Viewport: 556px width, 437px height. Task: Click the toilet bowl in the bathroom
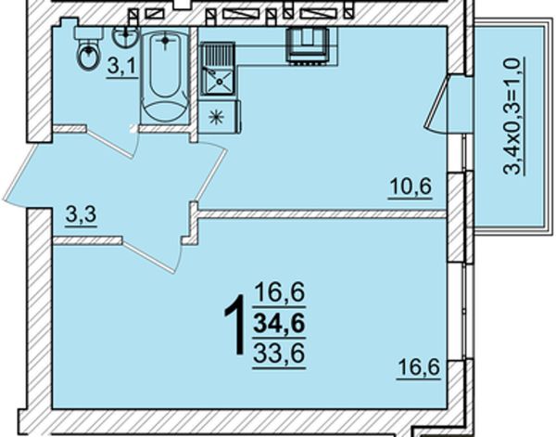pos(88,57)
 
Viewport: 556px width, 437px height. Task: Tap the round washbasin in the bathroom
pos(125,36)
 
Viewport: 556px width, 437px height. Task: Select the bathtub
pos(165,74)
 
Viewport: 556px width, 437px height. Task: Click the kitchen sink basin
pos(219,82)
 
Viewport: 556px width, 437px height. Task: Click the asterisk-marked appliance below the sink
pos(217,117)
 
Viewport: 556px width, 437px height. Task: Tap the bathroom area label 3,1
pos(122,67)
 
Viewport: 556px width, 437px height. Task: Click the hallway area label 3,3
pos(82,215)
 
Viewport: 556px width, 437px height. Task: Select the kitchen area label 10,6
pos(411,187)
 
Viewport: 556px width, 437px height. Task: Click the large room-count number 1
pos(236,324)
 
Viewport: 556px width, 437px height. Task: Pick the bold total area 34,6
pos(280,324)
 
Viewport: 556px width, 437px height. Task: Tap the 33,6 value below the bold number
pos(280,353)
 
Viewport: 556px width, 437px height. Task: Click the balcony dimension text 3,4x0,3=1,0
pos(513,116)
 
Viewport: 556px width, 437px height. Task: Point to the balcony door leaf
pos(436,104)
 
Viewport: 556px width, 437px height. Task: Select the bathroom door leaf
pos(110,143)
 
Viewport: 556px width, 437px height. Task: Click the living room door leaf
pos(150,256)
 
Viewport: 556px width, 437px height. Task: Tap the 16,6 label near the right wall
pos(419,368)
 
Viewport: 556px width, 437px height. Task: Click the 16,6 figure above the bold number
pos(280,293)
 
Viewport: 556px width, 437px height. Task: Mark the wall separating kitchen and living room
pos(322,213)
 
